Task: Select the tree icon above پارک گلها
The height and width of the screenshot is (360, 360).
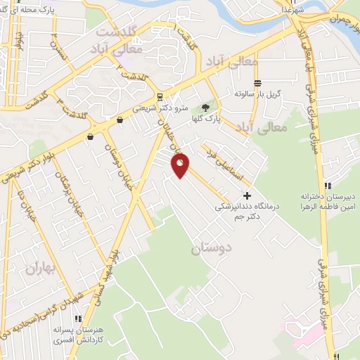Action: (x=205, y=108)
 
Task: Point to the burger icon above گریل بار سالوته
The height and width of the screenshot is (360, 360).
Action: (x=257, y=82)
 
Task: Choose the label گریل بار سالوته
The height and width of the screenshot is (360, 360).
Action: (x=257, y=93)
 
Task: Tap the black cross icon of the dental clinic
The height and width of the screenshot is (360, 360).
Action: (x=246, y=195)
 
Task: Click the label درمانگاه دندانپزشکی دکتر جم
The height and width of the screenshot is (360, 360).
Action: (x=241, y=212)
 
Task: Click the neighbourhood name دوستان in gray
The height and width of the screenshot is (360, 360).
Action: (x=210, y=249)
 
